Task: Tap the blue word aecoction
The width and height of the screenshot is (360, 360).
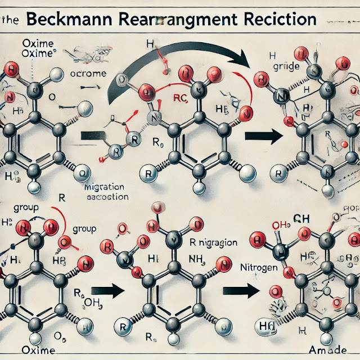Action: pos(107,197)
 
